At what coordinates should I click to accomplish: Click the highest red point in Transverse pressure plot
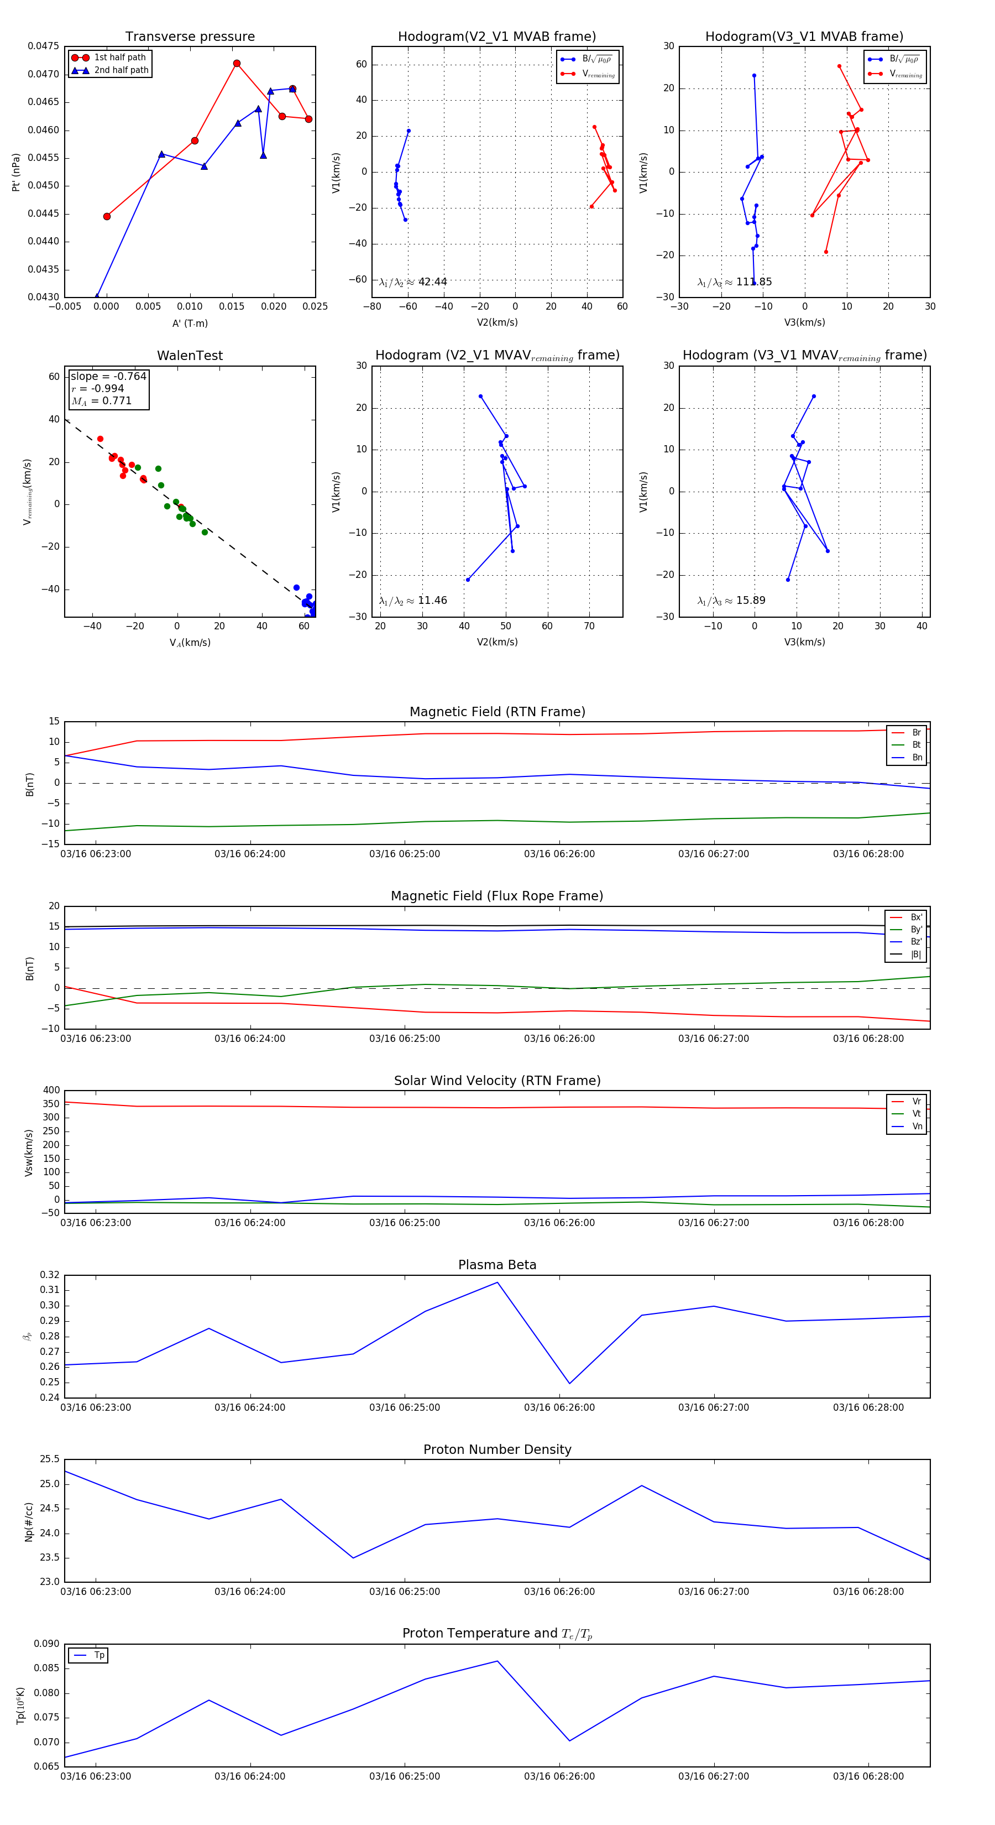click(x=237, y=64)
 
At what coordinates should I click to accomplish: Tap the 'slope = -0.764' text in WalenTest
click(x=108, y=376)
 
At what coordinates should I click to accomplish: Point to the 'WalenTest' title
click(x=190, y=356)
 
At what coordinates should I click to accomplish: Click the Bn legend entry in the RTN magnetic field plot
click(x=917, y=757)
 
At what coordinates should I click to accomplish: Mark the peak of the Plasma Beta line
click(x=497, y=1282)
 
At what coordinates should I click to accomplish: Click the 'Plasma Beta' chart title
click(x=497, y=1265)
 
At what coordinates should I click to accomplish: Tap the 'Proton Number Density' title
click(x=497, y=1449)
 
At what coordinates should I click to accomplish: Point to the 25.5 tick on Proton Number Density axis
click(x=50, y=1459)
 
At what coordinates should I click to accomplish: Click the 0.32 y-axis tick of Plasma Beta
click(x=50, y=1275)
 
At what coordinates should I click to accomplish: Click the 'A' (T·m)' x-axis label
click(x=190, y=323)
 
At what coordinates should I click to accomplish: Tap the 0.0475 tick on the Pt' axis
click(x=43, y=46)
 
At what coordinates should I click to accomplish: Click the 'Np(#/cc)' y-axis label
click(x=29, y=1521)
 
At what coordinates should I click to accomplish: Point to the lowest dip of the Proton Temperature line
click(x=65, y=1757)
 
